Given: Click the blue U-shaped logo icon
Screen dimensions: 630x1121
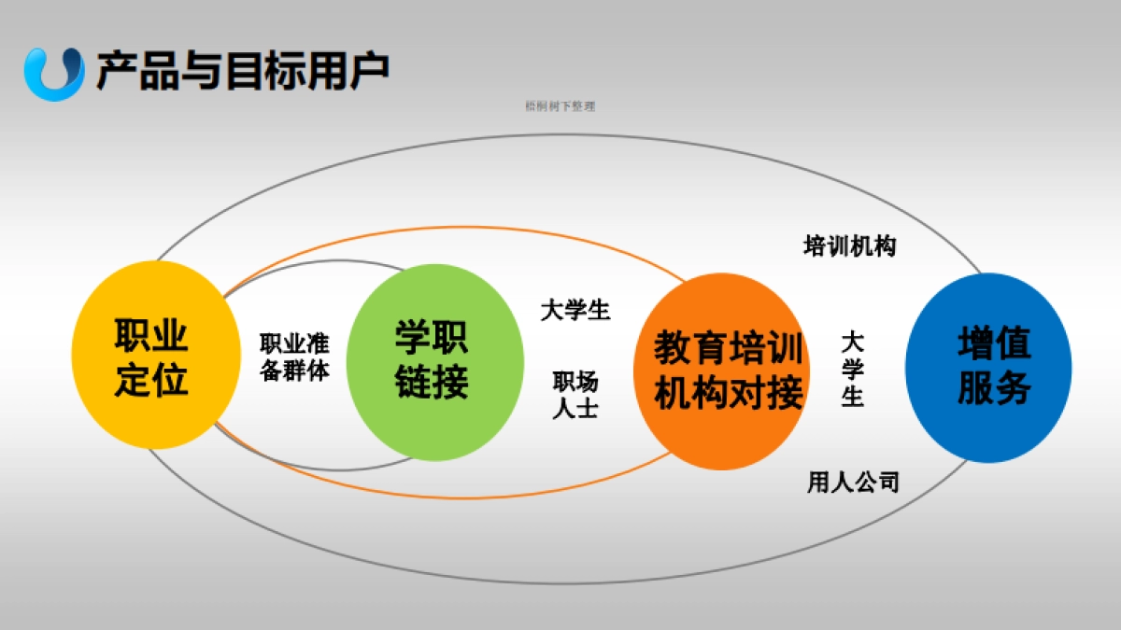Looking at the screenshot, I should (x=54, y=73).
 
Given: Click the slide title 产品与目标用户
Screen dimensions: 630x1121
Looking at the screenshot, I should (x=242, y=71).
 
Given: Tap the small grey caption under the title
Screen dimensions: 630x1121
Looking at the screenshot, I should (x=560, y=106).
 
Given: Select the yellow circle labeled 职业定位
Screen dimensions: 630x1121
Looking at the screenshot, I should (x=150, y=356).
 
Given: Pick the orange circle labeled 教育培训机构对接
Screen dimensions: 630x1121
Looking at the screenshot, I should (x=728, y=371).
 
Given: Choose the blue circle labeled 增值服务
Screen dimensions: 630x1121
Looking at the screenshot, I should (x=989, y=367).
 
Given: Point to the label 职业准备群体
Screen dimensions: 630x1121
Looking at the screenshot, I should (x=294, y=357).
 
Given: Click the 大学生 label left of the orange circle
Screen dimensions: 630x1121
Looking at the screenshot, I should (x=575, y=310).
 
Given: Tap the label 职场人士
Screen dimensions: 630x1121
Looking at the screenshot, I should (x=575, y=395).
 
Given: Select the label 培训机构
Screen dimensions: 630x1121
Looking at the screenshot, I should (x=849, y=246).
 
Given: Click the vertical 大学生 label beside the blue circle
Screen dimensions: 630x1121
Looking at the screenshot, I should (x=852, y=369).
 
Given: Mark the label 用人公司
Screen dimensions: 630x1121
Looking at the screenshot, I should (x=853, y=483).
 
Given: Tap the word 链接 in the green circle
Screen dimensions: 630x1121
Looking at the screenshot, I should (x=431, y=383).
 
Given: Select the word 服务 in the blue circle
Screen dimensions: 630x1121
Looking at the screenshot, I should (x=994, y=388).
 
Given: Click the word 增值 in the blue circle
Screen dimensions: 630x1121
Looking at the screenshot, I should (x=994, y=343).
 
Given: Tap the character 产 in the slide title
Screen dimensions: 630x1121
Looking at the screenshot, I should (x=114, y=71).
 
